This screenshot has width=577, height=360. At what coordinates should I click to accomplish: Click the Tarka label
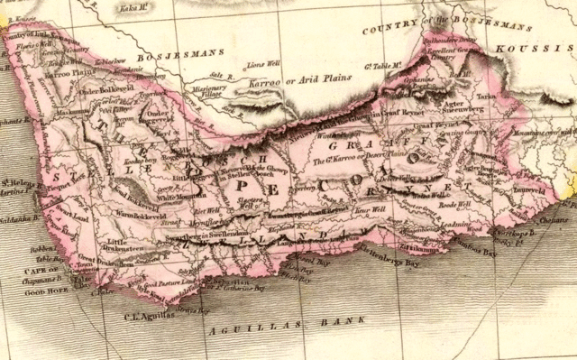click(x=488, y=93)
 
